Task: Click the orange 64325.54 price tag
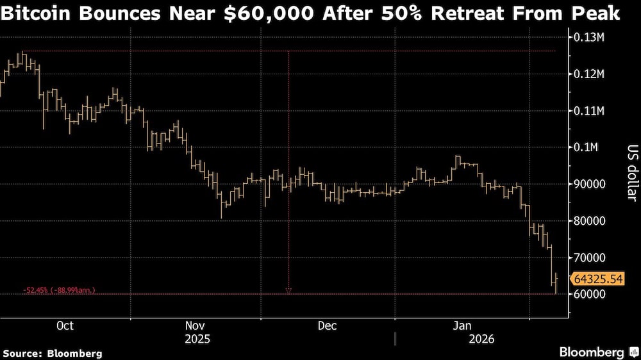pos(598,279)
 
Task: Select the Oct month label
pos(65,325)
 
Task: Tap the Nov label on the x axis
pos(196,325)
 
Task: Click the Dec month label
pos(327,325)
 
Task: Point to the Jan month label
pos(463,325)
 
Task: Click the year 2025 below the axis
pos(196,338)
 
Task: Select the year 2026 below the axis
pos(463,338)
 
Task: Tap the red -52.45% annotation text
pos(59,290)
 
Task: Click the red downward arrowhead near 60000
pos(288,290)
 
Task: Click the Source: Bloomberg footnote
pos(53,353)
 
